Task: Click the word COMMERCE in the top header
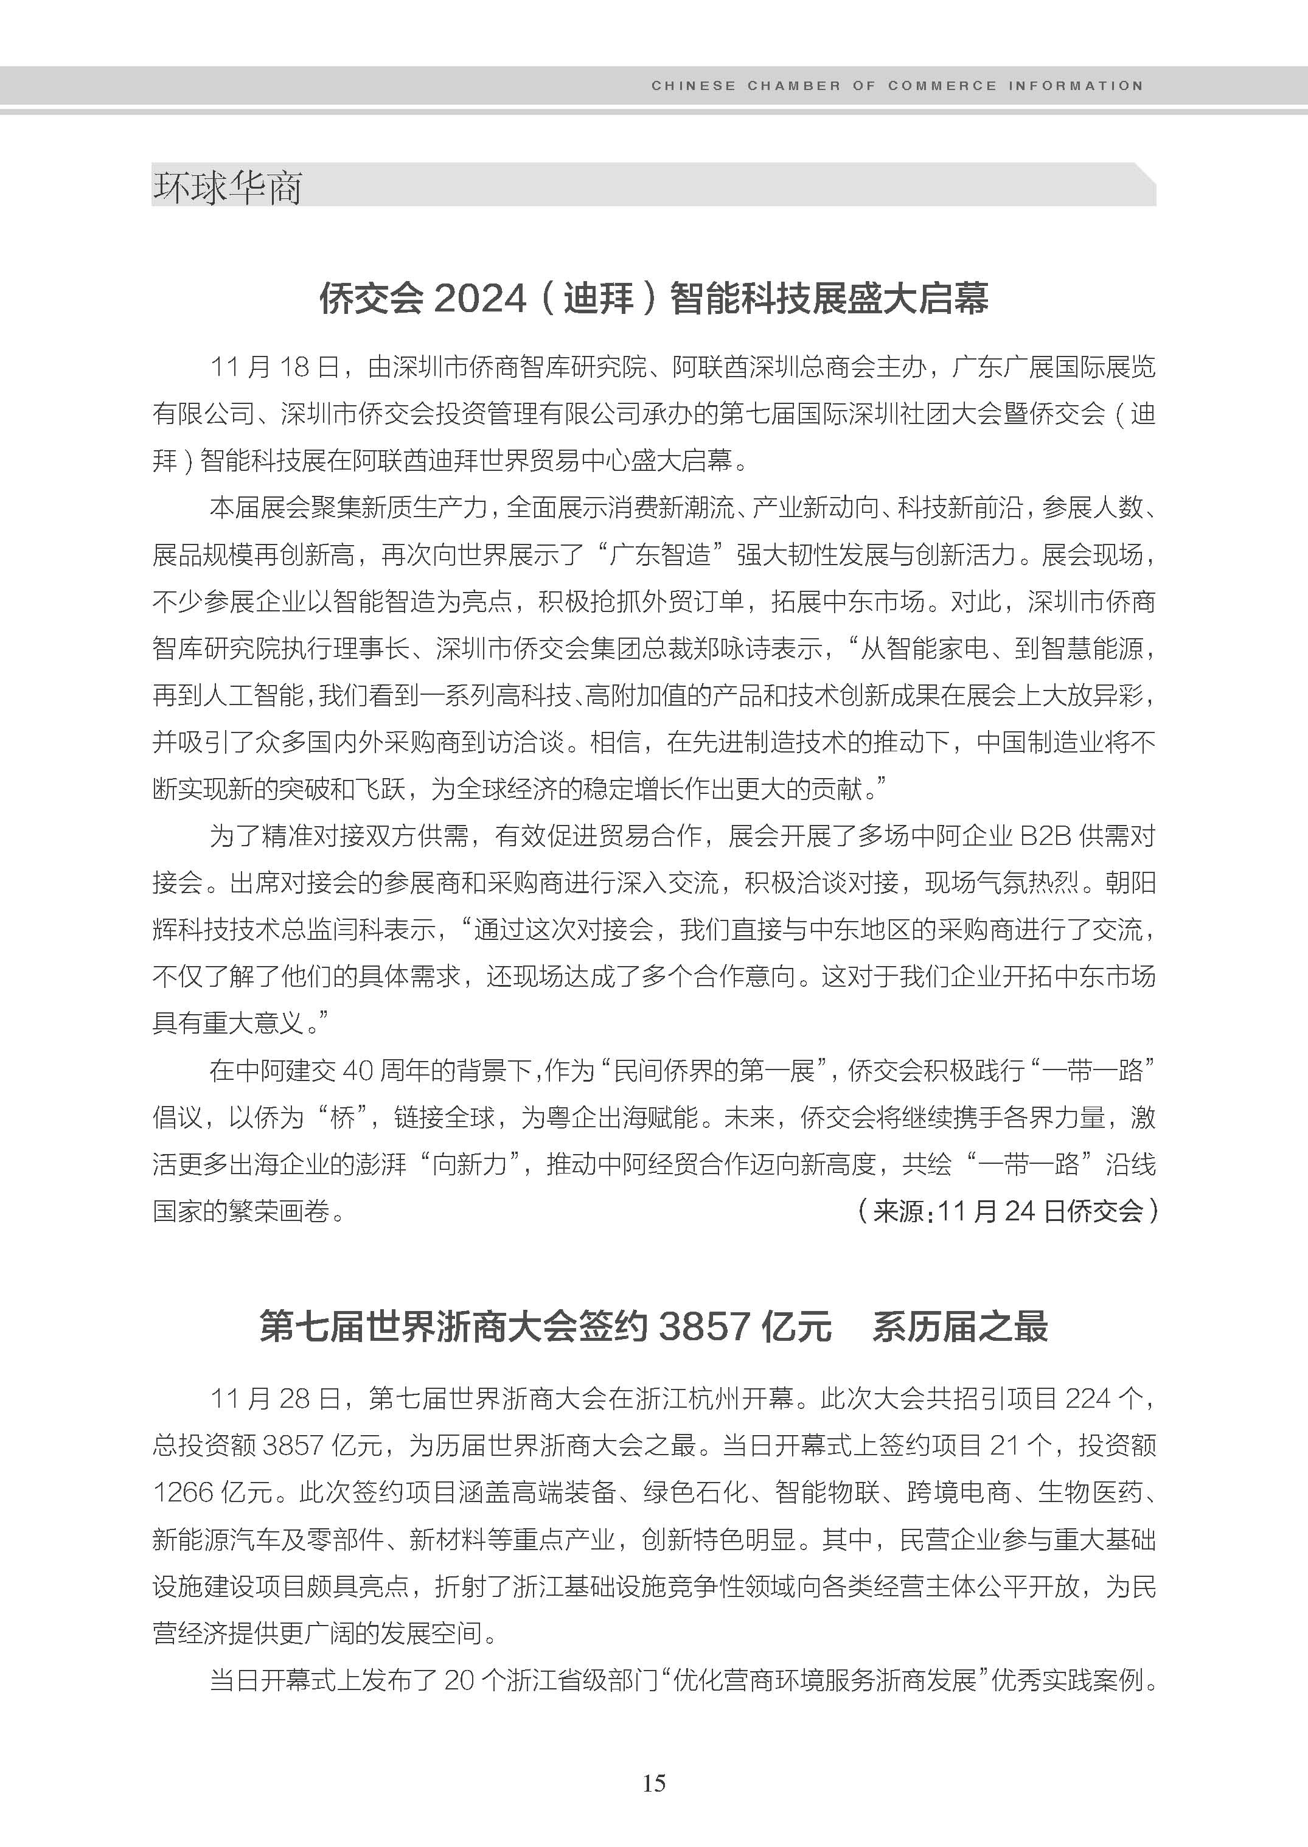[x=942, y=85]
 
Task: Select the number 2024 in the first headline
[x=480, y=299]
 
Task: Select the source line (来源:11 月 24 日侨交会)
[x=1007, y=1211]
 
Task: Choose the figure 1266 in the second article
[x=183, y=1492]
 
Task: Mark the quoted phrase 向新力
[x=470, y=1164]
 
